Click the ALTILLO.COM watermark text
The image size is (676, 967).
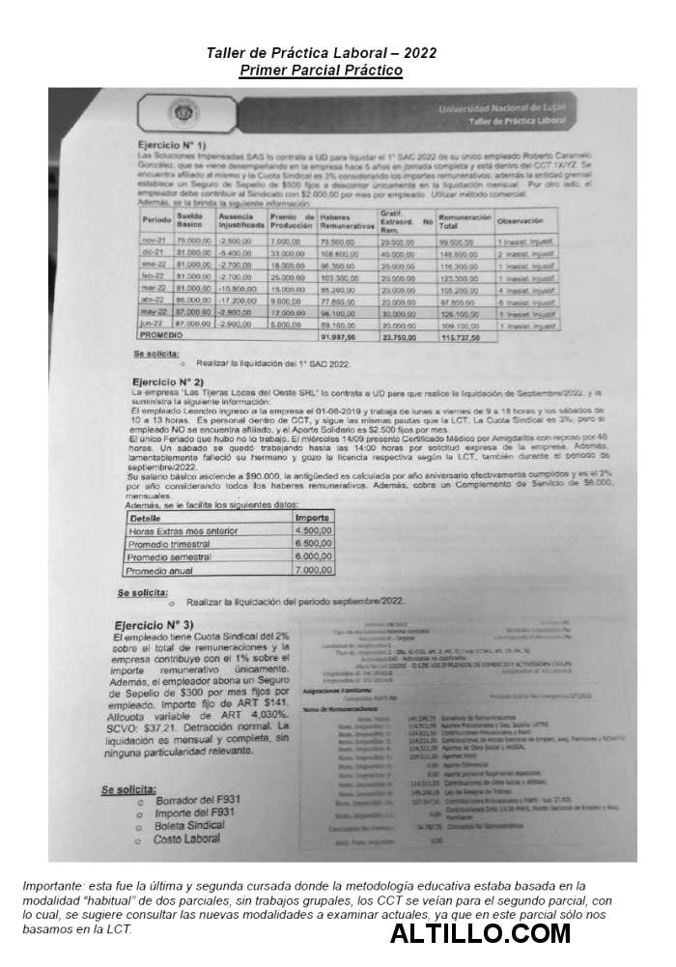pyautogui.click(x=481, y=933)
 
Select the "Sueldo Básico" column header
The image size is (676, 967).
pyautogui.click(x=190, y=220)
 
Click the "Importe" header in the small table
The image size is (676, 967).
pyautogui.click(x=312, y=517)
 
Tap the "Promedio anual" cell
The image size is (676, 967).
pyautogui.click(x=165, y=570)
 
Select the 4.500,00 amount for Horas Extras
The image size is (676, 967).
pyautogui.click(x=313, y=530)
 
